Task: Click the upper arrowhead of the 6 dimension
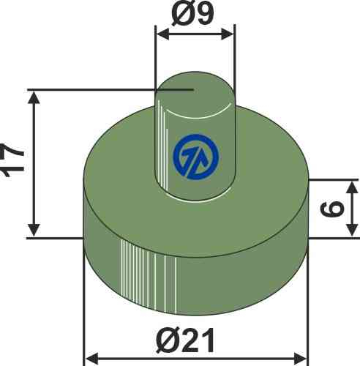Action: coord(352,185)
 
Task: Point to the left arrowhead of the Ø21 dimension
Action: coord(92,359)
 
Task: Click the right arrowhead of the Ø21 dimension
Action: coord(301,359)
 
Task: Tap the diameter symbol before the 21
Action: coord(168,340)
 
